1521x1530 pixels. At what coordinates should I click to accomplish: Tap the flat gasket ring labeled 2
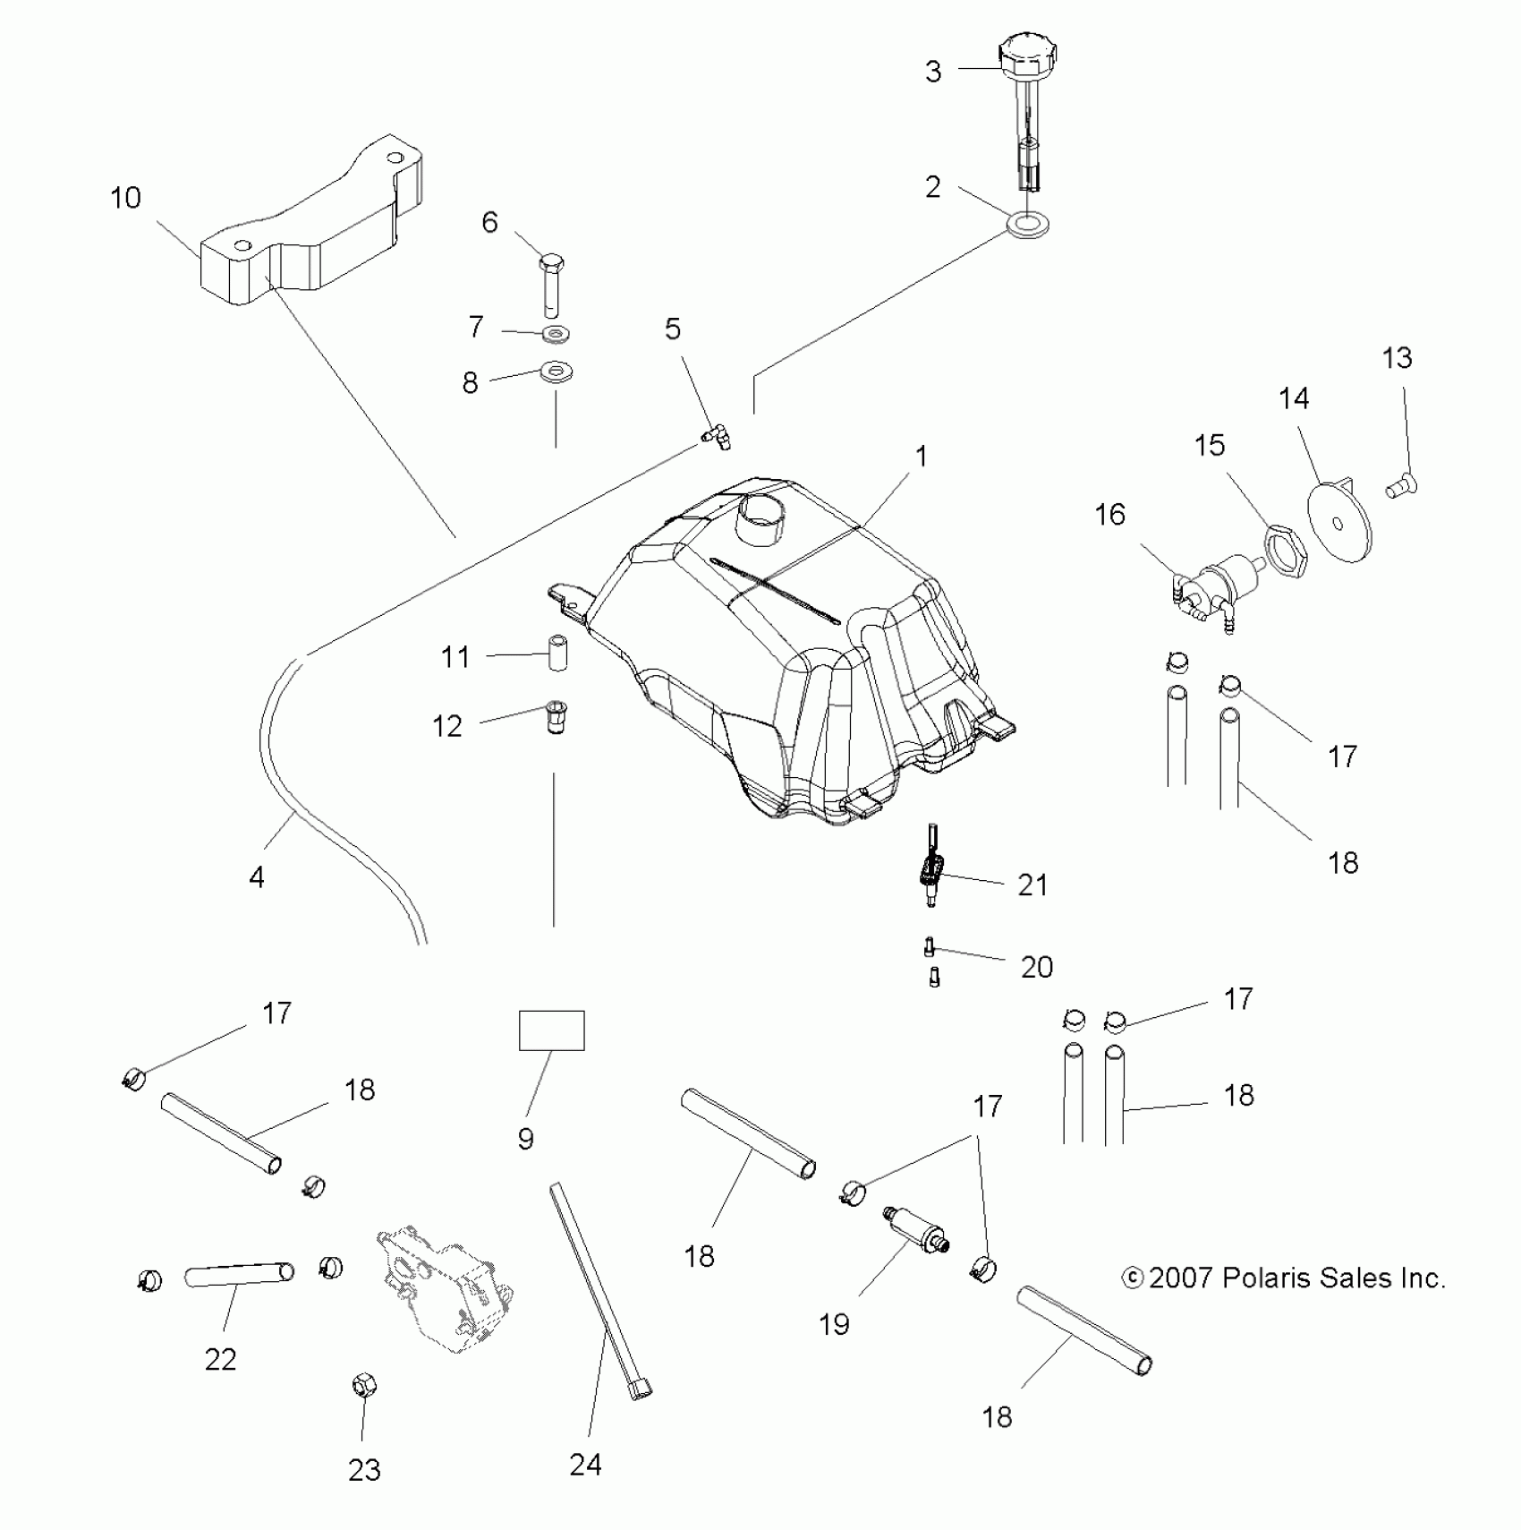point(1028,225)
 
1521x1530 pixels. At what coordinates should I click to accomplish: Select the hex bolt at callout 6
point(550,283)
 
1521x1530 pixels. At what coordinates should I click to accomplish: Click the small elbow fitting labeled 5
point(717,437)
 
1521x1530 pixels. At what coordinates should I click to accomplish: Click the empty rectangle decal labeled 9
point(552,1030)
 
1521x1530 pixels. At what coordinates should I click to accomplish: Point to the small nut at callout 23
point(362,1411)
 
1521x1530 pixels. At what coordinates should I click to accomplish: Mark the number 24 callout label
point(585,1465)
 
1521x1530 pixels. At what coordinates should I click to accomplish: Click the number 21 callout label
point(1032,885)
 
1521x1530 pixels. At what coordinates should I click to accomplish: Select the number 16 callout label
point(1109,515)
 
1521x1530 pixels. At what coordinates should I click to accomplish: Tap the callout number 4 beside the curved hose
point(257,877)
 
